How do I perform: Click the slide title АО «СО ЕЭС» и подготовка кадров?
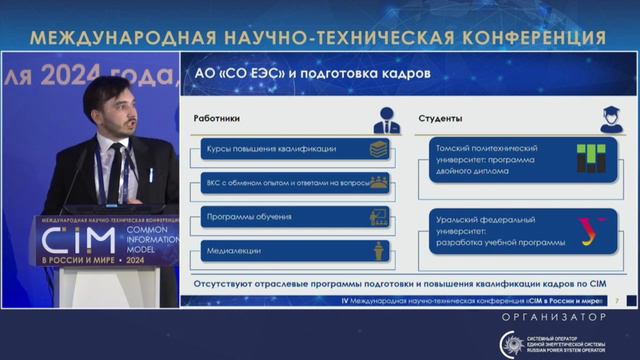point(312,75)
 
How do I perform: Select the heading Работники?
point(216,118)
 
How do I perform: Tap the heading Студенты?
point(439,118)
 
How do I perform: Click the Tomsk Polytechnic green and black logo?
point(590,158)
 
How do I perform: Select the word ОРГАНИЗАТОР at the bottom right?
point(554,317)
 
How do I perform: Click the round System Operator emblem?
point(512,341)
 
